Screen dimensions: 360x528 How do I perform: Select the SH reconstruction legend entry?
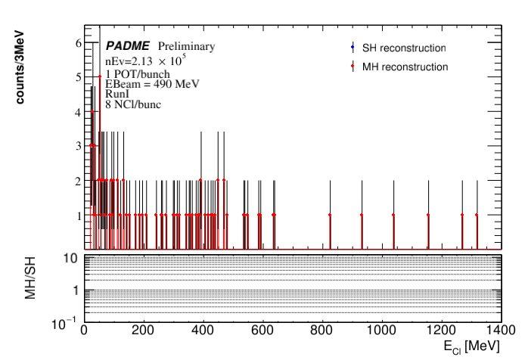pos(404,48)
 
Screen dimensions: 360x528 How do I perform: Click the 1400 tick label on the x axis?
pos(499,331)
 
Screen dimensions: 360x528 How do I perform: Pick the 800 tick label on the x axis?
pos(321,331)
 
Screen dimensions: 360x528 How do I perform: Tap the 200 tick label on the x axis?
pos(143,331)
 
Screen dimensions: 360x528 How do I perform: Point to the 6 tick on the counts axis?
pos(77,43)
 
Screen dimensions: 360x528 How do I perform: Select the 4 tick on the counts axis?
pos(77,112)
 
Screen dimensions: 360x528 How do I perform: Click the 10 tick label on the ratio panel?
pos(73,258)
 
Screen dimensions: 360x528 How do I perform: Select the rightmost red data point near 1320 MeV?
pos(477,215)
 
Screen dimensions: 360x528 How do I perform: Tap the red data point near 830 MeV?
pos(331,215)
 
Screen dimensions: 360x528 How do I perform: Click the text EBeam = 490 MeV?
pos(152,83)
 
